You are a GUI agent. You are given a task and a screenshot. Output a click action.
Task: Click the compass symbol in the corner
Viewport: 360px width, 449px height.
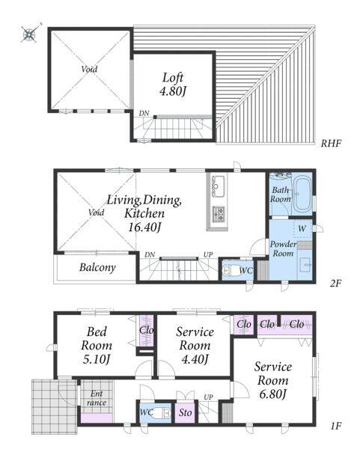pyautogui.click(x=30, y=34)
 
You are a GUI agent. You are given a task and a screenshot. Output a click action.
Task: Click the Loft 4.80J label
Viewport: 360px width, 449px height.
pyautogui.click(x=173, y=84)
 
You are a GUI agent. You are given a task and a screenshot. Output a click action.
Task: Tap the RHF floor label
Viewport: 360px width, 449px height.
pyautogui.click(x=331, y=143)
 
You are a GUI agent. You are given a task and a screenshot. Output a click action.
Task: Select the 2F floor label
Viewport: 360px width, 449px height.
pyautogui.click(x=335, y=283)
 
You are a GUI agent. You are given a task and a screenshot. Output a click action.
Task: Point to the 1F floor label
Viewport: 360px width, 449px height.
pyautogui.click(x=335, y=426)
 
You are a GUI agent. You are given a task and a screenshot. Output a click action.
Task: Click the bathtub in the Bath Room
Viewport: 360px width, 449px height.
pyautogui.click(x=302, y=195)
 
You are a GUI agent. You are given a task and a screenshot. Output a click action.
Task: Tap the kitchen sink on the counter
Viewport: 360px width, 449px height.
pyautogui.click(x=218, y=186)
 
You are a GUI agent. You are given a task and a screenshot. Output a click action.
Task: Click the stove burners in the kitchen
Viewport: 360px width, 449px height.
pyautogui.click(x=218, y=214)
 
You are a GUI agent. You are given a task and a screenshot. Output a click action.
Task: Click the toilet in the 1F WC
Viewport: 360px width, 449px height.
pyautogui.click(x=162, y=413)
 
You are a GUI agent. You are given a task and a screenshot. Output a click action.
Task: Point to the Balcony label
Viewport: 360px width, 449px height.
pyautogui.click(x=97, y=267)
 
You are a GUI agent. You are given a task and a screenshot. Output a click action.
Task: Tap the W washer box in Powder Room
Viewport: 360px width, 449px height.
pyautogui.click(x=302, y=228)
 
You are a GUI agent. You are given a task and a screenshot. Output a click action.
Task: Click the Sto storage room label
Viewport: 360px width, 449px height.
pyautogui.click(x=186, y=412)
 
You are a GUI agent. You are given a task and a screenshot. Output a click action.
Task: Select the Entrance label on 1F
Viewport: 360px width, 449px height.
pyautogui.click(x=97, y=398)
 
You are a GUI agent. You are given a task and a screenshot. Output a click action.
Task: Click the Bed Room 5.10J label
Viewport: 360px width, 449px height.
pyautogui.click(x=97, y=345)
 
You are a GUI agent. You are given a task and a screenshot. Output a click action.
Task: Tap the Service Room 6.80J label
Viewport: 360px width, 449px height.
pyautogui.click(x=273, y=380)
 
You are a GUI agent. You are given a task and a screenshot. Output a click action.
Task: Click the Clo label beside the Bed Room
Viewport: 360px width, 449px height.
pyautogui.click(x=147, y=330)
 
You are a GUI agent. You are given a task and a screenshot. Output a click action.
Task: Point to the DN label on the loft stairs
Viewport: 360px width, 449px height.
pyautogui.click(x=144, y=114)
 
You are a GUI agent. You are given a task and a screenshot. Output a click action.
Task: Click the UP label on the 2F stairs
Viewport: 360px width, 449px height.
pyautogui.click(x=208, y=254)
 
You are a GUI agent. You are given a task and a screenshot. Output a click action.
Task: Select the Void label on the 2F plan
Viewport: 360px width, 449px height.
pyautogui.click(x=96, y=213)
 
